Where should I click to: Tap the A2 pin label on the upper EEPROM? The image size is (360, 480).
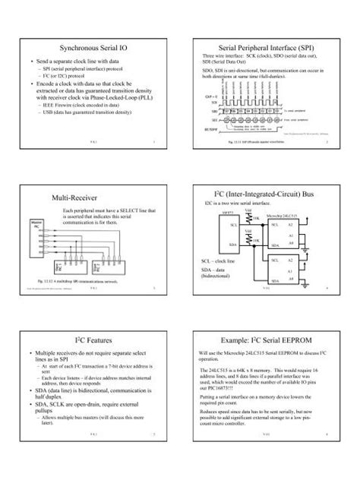pos(292,225)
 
